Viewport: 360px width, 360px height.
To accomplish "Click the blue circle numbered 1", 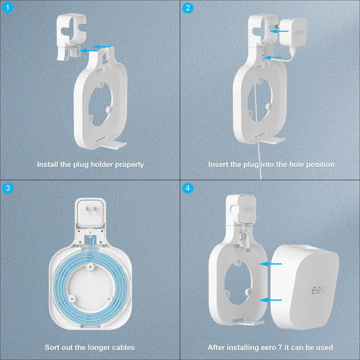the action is click(7, 7).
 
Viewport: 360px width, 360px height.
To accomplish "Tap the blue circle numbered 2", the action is click(188, 8).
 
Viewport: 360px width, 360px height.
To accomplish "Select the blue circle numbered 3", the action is click(8, 188).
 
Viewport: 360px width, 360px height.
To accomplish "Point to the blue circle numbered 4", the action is click(188, 188).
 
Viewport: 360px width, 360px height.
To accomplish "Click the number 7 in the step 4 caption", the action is click(280, 347).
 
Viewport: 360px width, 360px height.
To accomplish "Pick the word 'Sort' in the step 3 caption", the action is click(53, 347).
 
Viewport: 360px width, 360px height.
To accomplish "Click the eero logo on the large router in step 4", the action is click(319, 290).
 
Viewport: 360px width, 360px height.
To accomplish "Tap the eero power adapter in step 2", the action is click(293, 32).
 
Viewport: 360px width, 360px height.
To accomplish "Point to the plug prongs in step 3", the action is click(91, 209).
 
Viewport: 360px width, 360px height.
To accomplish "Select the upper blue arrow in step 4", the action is click(270, 264).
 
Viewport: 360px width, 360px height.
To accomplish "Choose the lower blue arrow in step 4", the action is click(270, 300).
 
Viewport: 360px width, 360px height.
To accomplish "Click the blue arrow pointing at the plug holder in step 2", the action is click(280, 31).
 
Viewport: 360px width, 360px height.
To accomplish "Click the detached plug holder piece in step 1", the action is click(71, 36).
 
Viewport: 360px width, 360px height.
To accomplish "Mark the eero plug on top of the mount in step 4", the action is click(247, 209).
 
